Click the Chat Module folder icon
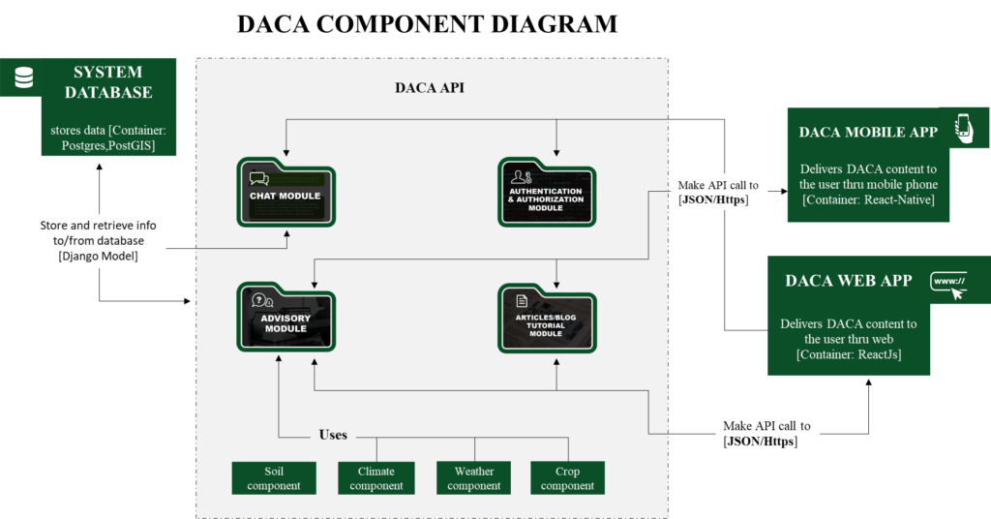pos(285,192)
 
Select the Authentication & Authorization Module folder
pos(547,192)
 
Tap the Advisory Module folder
pos(285,317)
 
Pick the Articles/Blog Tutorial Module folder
pos(547,318)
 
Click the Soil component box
pos(274,478)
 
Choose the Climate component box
pos(376,478)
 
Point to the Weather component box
pos(473,478)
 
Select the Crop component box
pos(567,478)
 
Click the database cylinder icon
pos(24,77)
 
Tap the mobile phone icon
pos(963,129)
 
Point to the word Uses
pos(333,435)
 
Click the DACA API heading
pos(430,88)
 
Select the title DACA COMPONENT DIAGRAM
pos(427,24)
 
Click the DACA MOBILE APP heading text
pos(868,132)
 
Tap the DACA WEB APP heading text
pos(848,281)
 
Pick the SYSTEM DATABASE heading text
pos(108,82)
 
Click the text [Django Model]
pos(98,256)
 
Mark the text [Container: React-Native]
pos(868,199)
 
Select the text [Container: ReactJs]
pos(849,354)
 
